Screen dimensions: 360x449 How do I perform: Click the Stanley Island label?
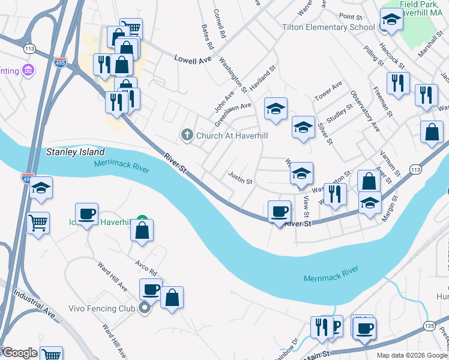click(76, 152)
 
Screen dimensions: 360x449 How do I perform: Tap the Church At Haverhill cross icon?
click(187, 135)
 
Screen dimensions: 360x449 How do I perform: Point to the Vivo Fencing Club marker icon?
click(144, 309)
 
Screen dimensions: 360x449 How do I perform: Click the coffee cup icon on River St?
click(279, 212)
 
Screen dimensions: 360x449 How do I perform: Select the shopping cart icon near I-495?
click(38, 223)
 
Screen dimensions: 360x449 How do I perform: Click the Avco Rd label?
click(145, 272)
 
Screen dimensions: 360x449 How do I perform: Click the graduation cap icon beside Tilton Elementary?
click(391, 20)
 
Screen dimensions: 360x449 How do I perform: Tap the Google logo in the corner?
click(19, 353)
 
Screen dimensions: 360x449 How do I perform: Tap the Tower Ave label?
click(328, 91)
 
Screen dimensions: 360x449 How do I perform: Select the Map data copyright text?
click(412, 355)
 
